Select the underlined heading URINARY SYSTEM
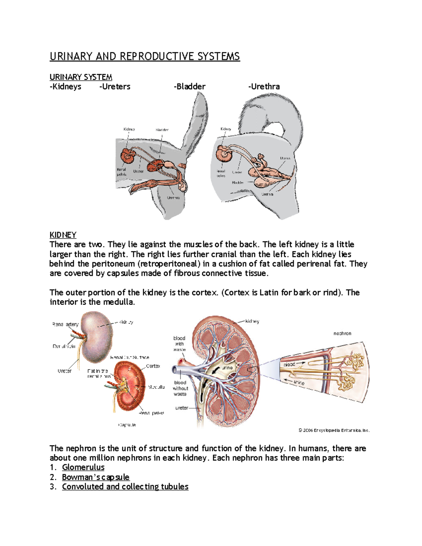click(x=81, y=77)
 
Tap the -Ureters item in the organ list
click(x=115, y=86)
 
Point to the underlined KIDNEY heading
click(x=63, y=235)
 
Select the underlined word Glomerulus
click(x=83, y=467)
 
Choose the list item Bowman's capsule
click(x=96, y=477)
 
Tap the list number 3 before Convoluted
click(x=53, y=487)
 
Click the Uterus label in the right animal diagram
click(x=285, y=158)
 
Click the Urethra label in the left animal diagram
click(x=173, y=198)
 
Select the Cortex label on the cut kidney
click(x=153, y=366)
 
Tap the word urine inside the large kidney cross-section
click(x=227, y=368)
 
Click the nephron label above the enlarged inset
click(x=342, y=333)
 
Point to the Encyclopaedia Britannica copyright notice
click(x=334, y=430)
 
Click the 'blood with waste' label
click(x=179, y=344)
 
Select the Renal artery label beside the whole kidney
click(x=65, y=325)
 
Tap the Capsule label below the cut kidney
click(x=127, y=425)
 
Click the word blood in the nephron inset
click(x=289, y=365)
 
